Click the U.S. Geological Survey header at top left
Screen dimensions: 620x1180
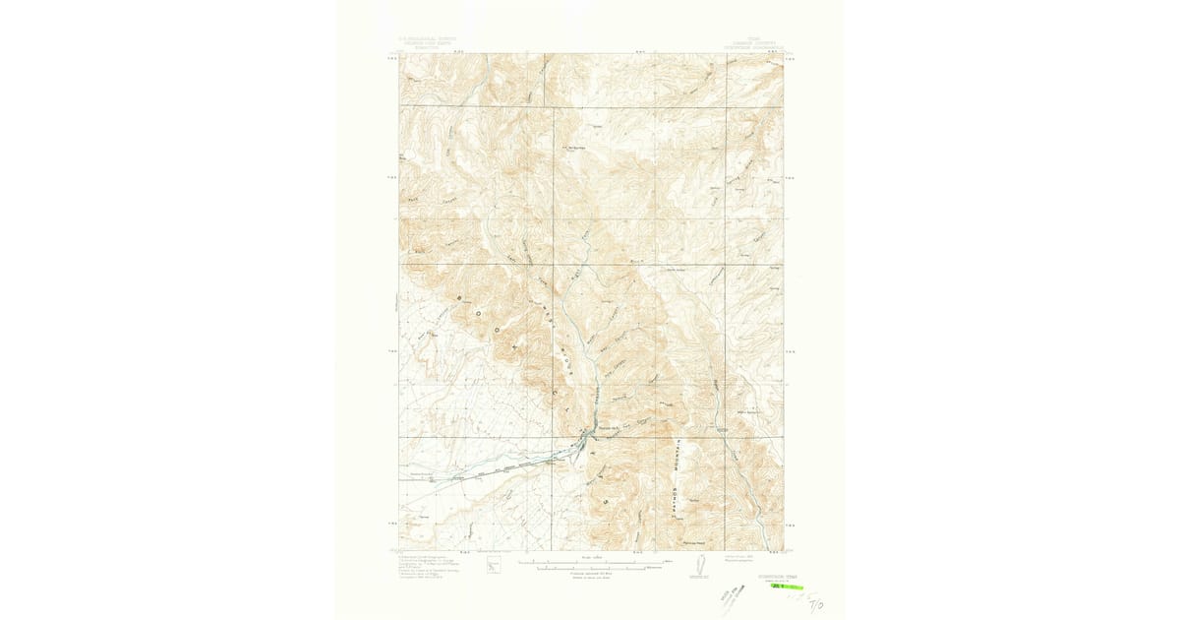coord(426,44)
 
